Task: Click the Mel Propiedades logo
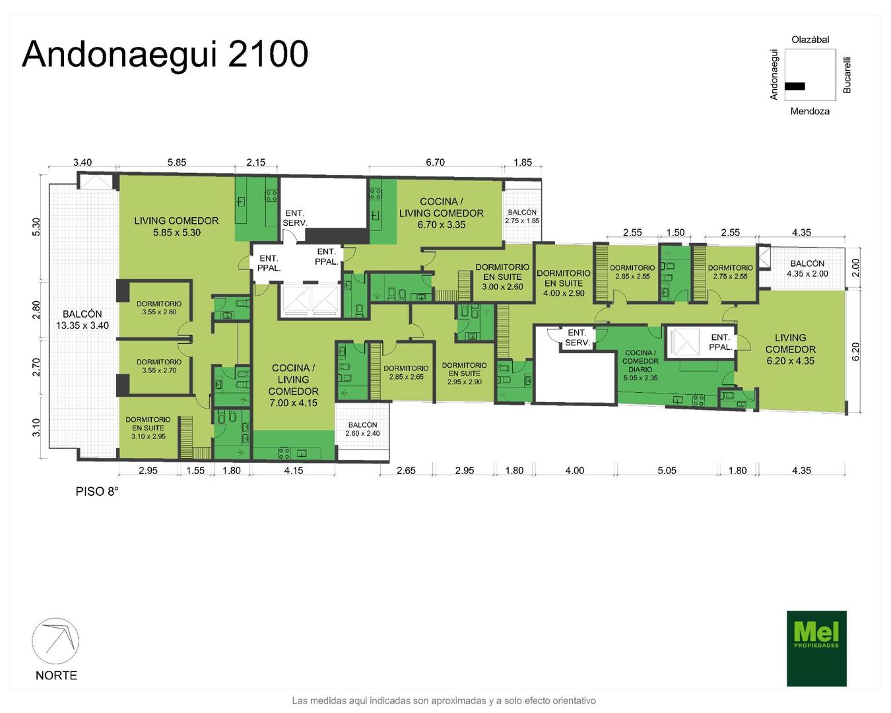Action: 816,648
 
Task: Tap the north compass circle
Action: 55,641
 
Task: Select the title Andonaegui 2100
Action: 165,54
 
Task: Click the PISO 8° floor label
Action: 97,491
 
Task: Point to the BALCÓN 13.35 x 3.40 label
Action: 82,320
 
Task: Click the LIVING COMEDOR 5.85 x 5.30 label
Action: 176,226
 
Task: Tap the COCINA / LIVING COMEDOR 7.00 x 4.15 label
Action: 293,386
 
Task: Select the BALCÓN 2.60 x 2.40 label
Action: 363,429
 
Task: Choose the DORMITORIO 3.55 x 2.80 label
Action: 159,308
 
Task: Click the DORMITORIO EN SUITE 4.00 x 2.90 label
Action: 564,283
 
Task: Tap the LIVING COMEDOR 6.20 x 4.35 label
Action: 791,349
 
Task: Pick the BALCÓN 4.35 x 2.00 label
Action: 807,269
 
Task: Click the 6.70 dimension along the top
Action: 435,162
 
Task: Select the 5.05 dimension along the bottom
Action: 667,470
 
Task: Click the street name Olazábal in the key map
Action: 810,40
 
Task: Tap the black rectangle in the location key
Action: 795,86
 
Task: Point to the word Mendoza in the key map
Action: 810,111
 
